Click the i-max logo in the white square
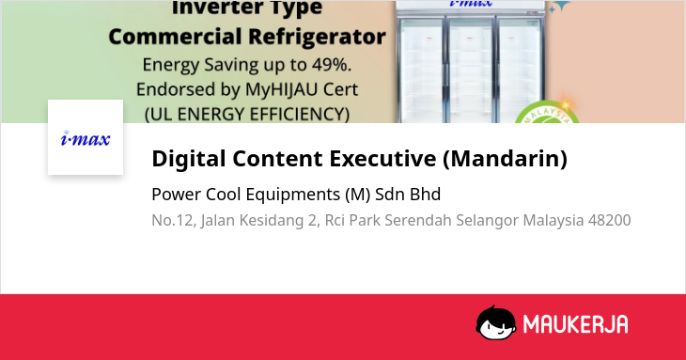(x=86, y=138)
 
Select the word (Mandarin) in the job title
(x=505, y=158)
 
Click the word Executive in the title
(x=382, y=158)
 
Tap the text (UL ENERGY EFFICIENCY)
(x=247, y=114)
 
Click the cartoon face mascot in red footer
(x=496, y=322)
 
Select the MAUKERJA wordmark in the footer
(x=576, y=324)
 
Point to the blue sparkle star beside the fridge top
(x=559, y=7)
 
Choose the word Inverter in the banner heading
(x=211, y=8)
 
